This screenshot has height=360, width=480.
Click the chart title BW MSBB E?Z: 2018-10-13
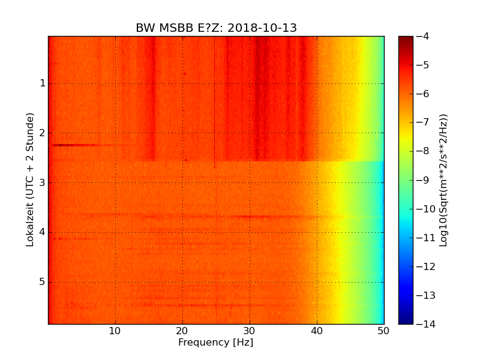click(x=216, y=28)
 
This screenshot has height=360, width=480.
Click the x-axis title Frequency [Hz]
click(x=215, y=343)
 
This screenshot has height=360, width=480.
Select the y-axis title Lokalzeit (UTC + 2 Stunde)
click(x=30, y=179)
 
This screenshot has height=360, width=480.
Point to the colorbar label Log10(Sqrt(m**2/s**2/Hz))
click(x=443, y=180)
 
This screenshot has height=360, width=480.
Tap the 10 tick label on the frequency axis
click(x=115, y=331)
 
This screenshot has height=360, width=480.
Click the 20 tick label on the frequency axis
click(x=182, y=331)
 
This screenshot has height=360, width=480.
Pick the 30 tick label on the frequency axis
click(x=250, y=331)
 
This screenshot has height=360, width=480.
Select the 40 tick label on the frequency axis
click(x=317, y=331)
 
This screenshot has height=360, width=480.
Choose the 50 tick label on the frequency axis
click(x=383, y=331)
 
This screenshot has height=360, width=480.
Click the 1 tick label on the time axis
click(x=43, y=83)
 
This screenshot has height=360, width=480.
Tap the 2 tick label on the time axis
click(x=43, y=133)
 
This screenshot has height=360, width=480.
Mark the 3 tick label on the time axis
click(x=43, y=182)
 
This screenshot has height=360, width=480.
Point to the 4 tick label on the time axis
click(x=43, y=232)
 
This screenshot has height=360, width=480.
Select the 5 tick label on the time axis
click(x=43, y=282)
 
